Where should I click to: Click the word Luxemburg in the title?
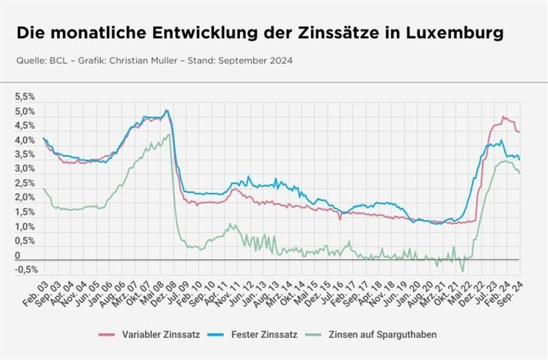click(457, 33)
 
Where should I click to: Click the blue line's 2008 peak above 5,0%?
click(166, 110)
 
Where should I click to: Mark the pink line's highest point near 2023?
click(503, 117)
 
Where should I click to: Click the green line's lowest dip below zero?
click(462, 271)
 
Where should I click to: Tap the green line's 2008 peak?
click(168, 134)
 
